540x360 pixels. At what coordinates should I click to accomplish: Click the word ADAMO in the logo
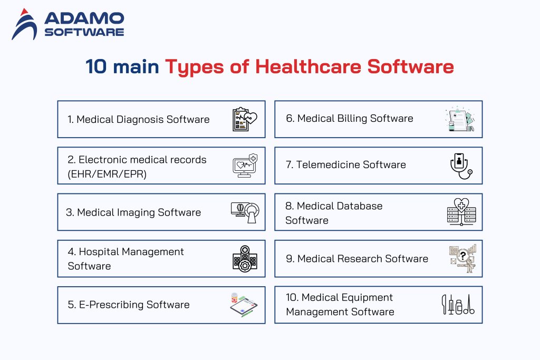(84, 18)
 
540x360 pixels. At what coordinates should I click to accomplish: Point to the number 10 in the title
(97, 66)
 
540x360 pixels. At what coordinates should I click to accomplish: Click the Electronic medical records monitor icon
(245, 166)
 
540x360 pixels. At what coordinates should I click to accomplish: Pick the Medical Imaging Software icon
(245, 212)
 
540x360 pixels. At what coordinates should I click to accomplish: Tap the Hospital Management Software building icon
(245, 259)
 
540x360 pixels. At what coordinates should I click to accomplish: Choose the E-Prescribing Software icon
(244, 305)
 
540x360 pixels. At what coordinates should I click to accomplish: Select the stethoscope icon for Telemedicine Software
(461, 166)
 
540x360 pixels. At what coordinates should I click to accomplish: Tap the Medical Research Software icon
(462, 259)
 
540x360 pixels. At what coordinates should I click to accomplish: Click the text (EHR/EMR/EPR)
(107, 173)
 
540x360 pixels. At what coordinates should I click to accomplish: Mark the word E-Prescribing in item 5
(110, 305)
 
